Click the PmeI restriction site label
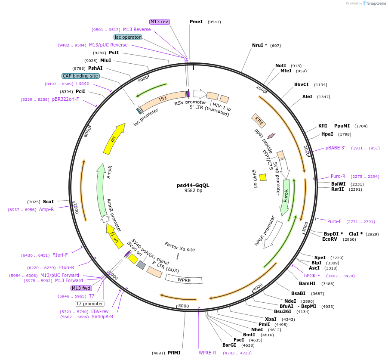[196, 22]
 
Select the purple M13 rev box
[160, 22]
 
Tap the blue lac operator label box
[128, 37]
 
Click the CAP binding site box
[80, 76]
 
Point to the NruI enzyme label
[259, 45]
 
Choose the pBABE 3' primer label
[335, 148]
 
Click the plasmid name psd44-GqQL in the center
[193, 185]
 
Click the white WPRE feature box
[184, 280]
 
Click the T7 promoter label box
[89, 304]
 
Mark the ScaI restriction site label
[48, 202]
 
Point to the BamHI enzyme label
[307, 283]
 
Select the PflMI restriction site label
[174, 353]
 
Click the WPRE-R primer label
[207, 353]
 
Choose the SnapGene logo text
[376, 3]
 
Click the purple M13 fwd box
[81, 288]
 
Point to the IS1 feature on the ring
[163, 99]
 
